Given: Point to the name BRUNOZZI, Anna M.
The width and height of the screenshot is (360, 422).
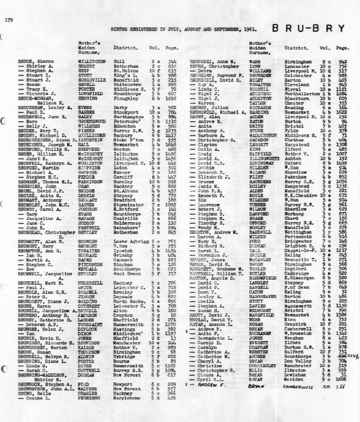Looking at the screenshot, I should point(212,61).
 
